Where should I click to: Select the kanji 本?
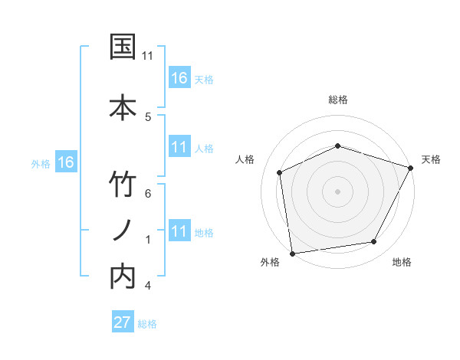point(123,105)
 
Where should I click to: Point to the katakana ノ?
point(123,231)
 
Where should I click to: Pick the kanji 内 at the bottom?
point(123,277)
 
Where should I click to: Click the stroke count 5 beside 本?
point(147,116)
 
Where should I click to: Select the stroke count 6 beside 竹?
point(147,193)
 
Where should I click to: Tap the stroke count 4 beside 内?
point(147,286)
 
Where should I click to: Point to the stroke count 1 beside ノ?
point(147,239)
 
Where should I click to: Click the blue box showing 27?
point(123,322)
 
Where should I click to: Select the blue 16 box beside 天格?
point(179,77)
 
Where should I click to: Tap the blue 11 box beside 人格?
point(179,147)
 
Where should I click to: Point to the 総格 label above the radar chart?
point(338,100)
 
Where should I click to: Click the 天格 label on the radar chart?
point(431,159)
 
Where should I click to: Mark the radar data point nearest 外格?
point(292,253)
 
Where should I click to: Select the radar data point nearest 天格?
point(412,167)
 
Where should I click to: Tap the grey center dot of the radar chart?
point(338,191)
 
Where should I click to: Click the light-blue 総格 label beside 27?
point(148,323)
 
